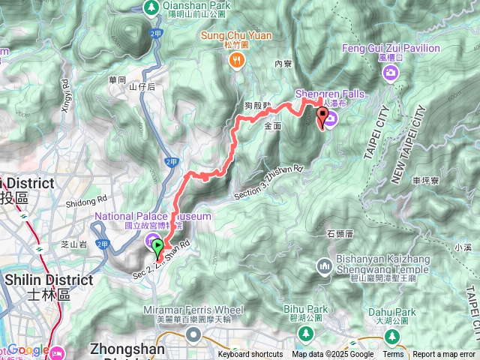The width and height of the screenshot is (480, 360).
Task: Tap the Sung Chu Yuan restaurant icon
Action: point(236,60)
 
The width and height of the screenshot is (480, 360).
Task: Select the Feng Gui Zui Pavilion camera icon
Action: point(390,72)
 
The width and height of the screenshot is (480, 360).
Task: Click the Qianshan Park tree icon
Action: point(151,7)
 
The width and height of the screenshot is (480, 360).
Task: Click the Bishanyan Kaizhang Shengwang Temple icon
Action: point(324,265)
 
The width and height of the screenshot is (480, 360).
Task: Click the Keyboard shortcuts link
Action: point(250,355)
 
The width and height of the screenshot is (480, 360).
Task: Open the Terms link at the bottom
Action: point(393,355)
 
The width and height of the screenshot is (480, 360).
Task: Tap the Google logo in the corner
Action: point(28,350)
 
